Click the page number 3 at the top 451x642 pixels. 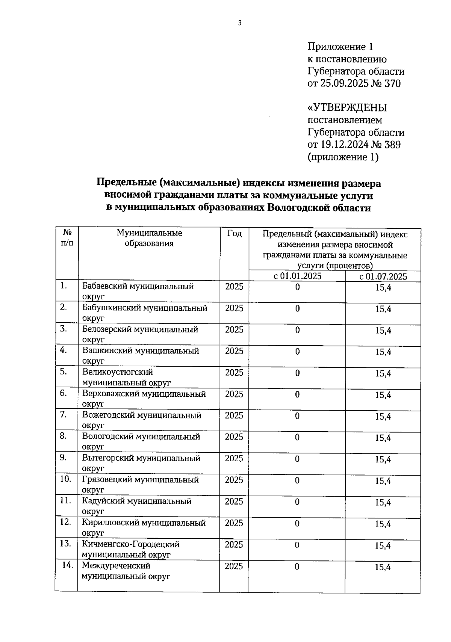pos(240,23)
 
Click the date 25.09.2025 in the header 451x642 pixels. pos(345,83)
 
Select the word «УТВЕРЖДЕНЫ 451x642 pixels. pos(347,108)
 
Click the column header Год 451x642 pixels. pos(234,234)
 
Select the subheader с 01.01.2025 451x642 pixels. pos(297,276)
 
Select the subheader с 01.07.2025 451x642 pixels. pos(383,277)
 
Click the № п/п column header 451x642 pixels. pos(67,237)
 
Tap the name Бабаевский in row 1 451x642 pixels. pos(105,287)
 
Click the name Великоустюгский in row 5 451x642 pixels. pos(118,372)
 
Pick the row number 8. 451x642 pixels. pos(63,436)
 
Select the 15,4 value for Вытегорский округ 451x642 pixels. pos(383,460)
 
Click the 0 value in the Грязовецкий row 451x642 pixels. pos(297,480)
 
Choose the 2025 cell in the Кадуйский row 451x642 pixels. pos(234,502)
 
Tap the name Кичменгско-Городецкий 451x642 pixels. pos(131,544)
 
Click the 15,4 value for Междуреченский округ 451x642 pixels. pos(383,567)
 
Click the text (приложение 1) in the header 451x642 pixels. pos(343,157)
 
